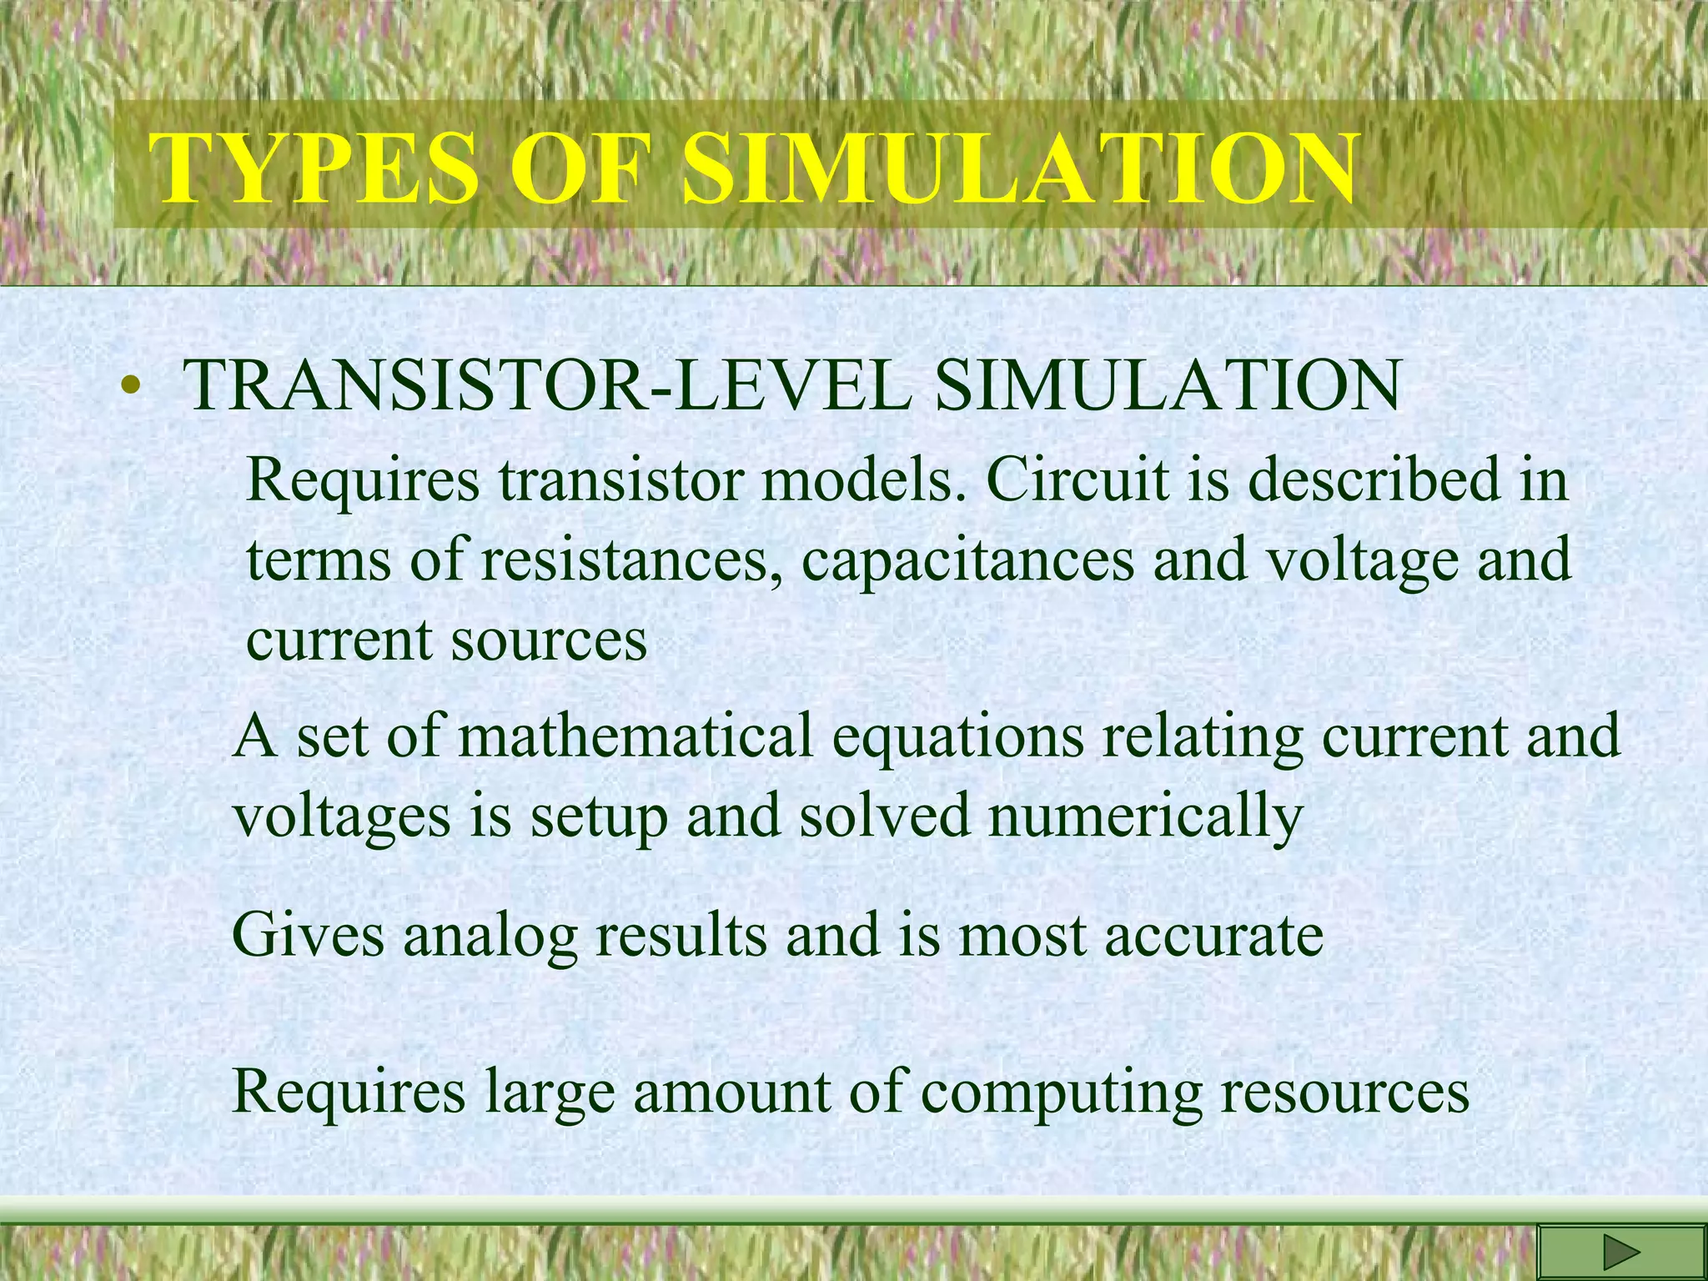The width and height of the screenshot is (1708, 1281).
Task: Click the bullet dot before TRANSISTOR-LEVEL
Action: coord(128,387)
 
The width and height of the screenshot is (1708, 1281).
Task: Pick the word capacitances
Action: coord(968,560)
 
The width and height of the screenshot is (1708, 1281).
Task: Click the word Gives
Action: coord(308,934)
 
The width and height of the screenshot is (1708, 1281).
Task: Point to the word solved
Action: coord(885,815)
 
